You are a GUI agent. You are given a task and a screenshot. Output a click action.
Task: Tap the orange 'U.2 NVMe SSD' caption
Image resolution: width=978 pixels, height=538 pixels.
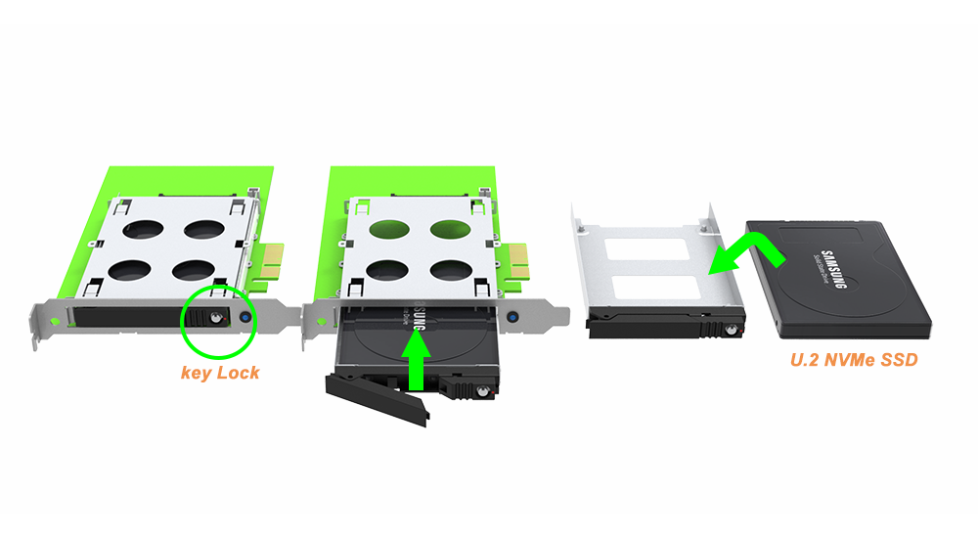tap(853, 361)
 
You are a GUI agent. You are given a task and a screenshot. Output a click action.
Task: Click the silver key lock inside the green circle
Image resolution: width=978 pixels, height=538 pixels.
tap(215, 318)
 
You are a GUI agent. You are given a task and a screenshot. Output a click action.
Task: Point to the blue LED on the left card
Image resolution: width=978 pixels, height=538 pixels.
tap(244, 317)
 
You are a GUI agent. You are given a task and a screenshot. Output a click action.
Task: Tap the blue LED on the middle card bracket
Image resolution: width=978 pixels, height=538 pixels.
tap(511, 318)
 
